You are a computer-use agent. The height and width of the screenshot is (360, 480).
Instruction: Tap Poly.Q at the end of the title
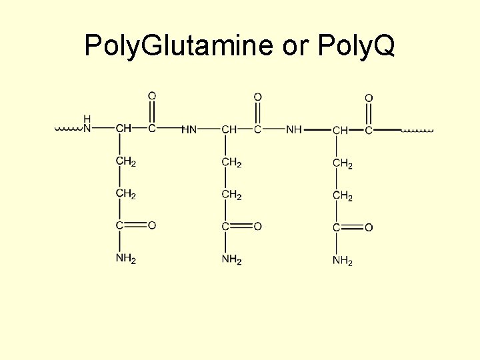(357, 45)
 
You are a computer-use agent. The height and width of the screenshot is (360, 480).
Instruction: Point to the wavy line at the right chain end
(417, 130)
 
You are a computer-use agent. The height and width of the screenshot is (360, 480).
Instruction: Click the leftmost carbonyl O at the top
(152, 96)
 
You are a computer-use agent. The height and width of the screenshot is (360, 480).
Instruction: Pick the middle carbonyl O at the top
(258, 97)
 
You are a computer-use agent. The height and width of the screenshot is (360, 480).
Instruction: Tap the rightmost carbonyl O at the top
(369, 98)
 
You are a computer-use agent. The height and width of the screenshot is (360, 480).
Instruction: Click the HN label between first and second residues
(189, 129)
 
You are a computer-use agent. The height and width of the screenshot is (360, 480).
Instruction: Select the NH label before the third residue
(293, 129)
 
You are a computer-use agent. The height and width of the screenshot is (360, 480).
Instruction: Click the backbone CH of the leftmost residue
(123, 128)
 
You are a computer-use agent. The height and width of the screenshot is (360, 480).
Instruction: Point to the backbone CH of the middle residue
(229, 129)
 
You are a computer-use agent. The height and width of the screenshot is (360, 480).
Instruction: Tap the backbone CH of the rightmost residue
(340, 130)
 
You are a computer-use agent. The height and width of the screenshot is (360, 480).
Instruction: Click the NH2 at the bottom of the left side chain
(125, 259)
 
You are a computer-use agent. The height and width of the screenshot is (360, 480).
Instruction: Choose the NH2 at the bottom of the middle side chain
(231, 259)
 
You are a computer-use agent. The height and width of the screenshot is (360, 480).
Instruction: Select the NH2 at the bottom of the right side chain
(342, 261)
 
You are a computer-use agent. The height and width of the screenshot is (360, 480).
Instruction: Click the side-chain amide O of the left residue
(152, 226)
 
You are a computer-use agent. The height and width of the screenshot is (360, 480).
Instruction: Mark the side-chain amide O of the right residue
(369, 228)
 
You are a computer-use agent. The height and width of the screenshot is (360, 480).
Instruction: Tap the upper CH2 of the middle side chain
(231, 162)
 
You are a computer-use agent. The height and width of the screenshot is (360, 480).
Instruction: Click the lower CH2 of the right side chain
(342, 196)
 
